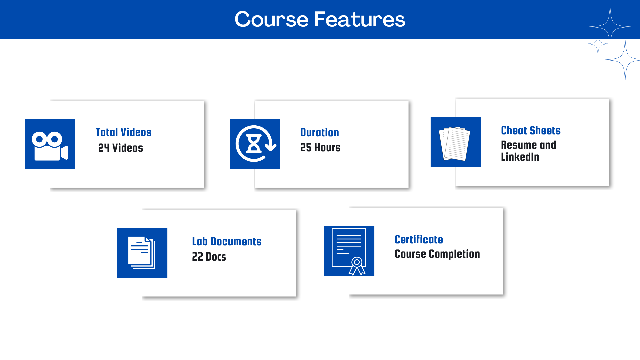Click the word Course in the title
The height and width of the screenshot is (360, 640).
272,19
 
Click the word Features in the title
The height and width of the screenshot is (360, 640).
360,19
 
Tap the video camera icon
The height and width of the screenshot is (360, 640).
50,146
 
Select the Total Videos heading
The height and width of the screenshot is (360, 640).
123,132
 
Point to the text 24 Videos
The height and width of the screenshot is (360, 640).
121,148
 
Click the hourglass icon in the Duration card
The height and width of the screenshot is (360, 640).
254,144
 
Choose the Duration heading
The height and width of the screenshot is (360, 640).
319,133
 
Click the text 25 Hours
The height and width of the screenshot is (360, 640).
320,147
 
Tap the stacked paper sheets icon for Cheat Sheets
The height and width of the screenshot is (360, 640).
455,143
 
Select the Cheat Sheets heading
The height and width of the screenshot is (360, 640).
531,131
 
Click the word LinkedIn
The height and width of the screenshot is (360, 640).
520,157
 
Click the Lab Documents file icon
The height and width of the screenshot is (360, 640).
142,253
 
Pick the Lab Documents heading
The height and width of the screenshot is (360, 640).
227,242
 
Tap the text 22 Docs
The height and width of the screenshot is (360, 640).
209,257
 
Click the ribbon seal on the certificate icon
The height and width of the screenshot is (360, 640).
357,266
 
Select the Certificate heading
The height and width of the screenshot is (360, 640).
419,240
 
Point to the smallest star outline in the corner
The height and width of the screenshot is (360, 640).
598,44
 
